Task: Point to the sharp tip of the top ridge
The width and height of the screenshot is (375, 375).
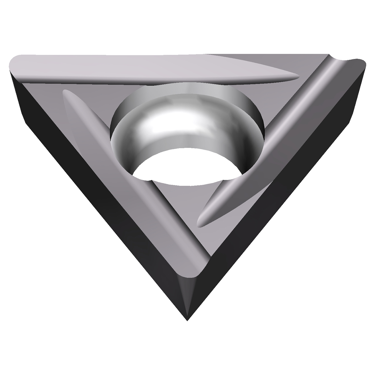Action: (x=297, y=77)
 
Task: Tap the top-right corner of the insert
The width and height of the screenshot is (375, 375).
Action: (x=363, y=62)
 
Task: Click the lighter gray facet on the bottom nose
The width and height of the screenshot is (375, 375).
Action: (x=187, y=290)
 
